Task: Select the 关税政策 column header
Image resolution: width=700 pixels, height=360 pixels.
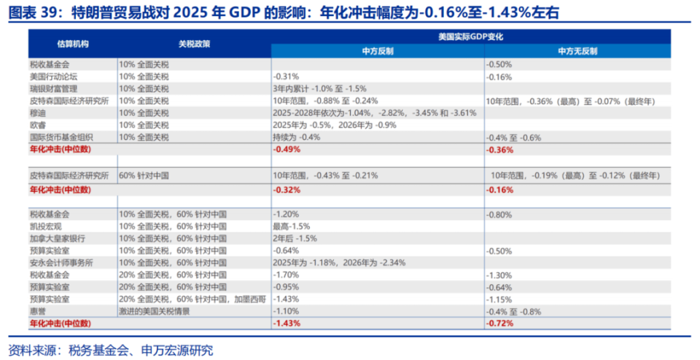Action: point(194,44)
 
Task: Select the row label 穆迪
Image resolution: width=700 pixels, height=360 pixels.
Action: point(38,113)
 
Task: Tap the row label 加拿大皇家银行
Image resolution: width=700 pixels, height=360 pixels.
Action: point(53,238)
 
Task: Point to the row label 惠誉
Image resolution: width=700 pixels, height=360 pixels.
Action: point(38,310)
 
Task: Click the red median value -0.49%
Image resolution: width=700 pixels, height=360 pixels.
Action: point(286,149)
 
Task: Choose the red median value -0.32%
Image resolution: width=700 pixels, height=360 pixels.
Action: point(286,189)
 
